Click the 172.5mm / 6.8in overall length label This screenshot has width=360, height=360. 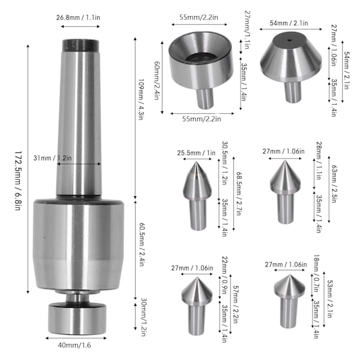18,181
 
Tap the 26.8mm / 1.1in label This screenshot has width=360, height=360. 78,17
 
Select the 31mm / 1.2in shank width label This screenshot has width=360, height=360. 53,158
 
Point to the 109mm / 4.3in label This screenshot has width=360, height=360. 140,100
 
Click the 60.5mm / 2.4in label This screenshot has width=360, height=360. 142,244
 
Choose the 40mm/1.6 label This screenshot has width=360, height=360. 74,345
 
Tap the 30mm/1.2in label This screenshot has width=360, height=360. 144,317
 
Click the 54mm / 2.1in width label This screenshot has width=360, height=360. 289,23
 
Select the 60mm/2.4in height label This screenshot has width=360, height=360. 157,80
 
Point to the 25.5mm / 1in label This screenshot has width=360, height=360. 196,152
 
